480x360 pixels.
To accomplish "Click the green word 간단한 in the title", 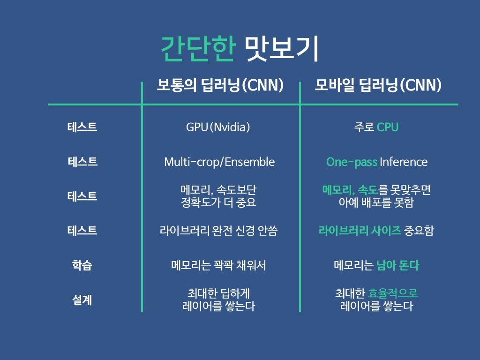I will click(x=197, y=49).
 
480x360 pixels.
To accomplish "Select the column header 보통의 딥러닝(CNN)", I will click(x=220, y=85).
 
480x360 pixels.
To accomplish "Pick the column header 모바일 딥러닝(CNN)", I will click(x=378, y=85).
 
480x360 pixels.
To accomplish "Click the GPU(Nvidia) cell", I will click(x=218, y=127).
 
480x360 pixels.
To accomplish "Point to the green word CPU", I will click(x=388, y=127).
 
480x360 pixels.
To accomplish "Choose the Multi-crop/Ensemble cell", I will click(x=219, y=162).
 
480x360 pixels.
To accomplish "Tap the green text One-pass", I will click(x=352, y=162).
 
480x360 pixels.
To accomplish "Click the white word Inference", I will click(x=404, y=162).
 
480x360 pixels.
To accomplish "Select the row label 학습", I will click(x=82, y=266).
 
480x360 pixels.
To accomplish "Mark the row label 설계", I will click(x=82, y=300).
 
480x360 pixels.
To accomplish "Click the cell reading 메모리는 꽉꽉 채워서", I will click(x=218, y=266).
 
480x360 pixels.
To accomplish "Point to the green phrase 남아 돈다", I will click(x=397, y=266).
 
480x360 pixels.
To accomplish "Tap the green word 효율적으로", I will click(x=393, y=294).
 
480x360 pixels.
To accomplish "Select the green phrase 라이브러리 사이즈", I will click(x=360, y=231).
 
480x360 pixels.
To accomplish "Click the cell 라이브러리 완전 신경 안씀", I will click(x=218, y=231).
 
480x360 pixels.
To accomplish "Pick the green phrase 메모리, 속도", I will click(x=350, y=190).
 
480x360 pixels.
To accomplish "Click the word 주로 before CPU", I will click(x=364, y=127).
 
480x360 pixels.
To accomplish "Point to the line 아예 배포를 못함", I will click(x=376, y=203).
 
